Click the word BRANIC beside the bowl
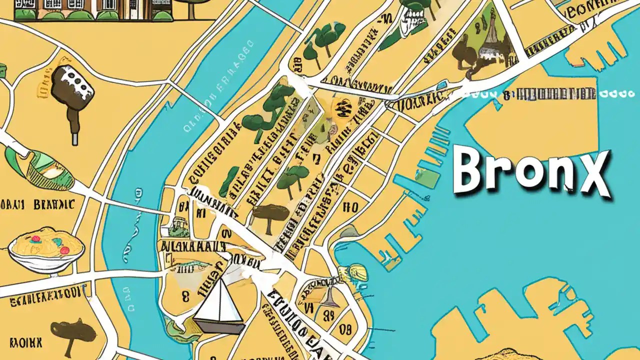(54, 204)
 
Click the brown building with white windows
(95, 9)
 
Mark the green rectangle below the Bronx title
(428, 180)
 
